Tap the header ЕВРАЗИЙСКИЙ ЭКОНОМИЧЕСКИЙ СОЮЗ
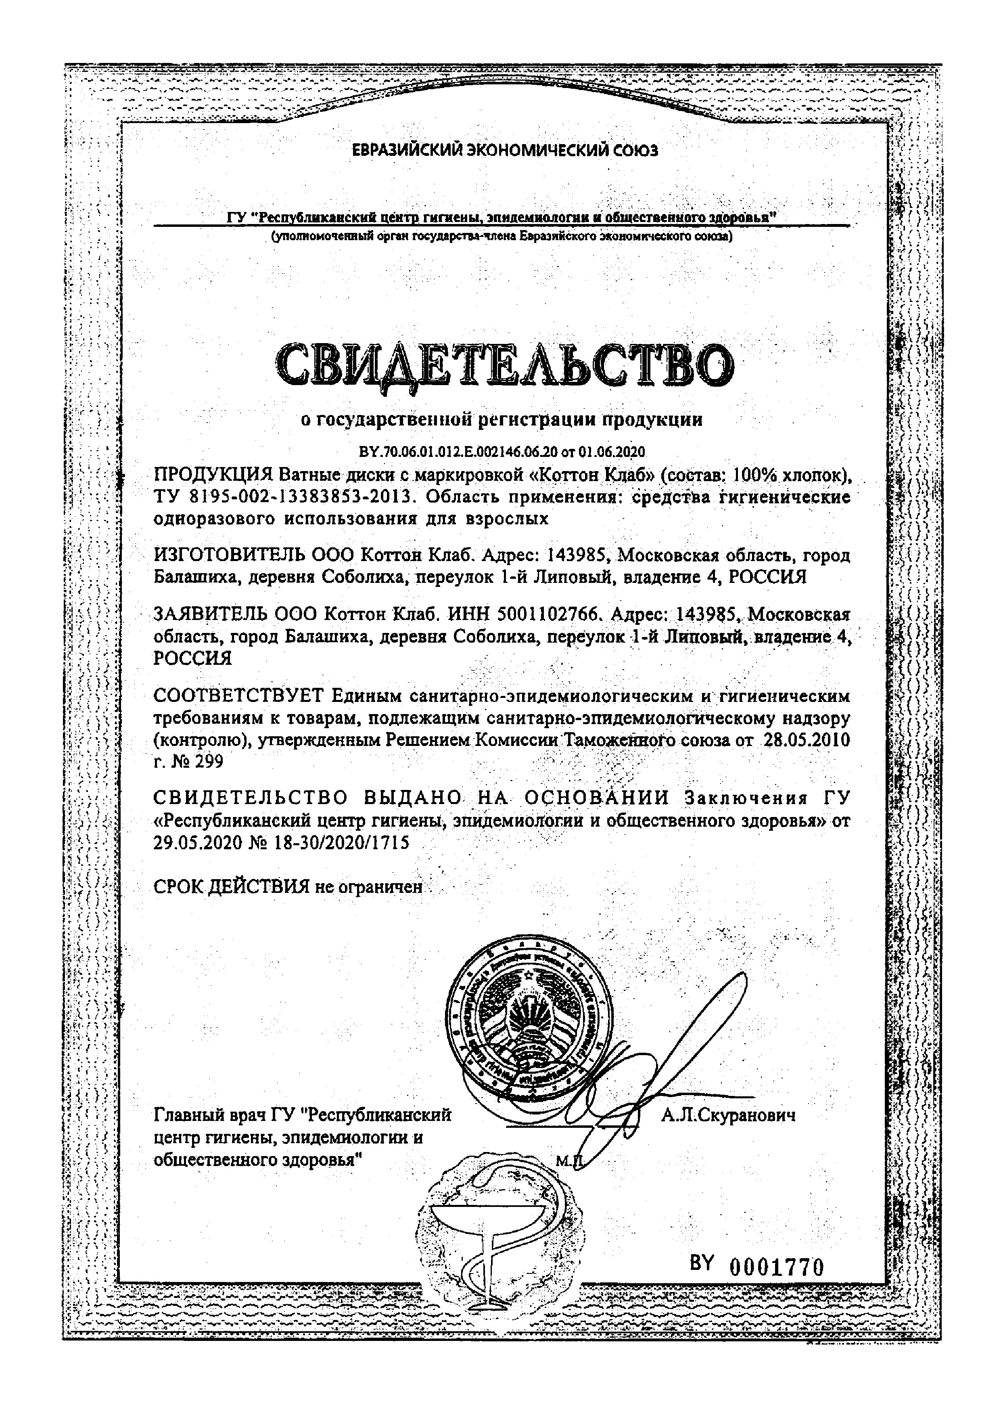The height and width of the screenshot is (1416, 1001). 504,150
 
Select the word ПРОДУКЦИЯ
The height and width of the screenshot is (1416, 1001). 213,475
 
